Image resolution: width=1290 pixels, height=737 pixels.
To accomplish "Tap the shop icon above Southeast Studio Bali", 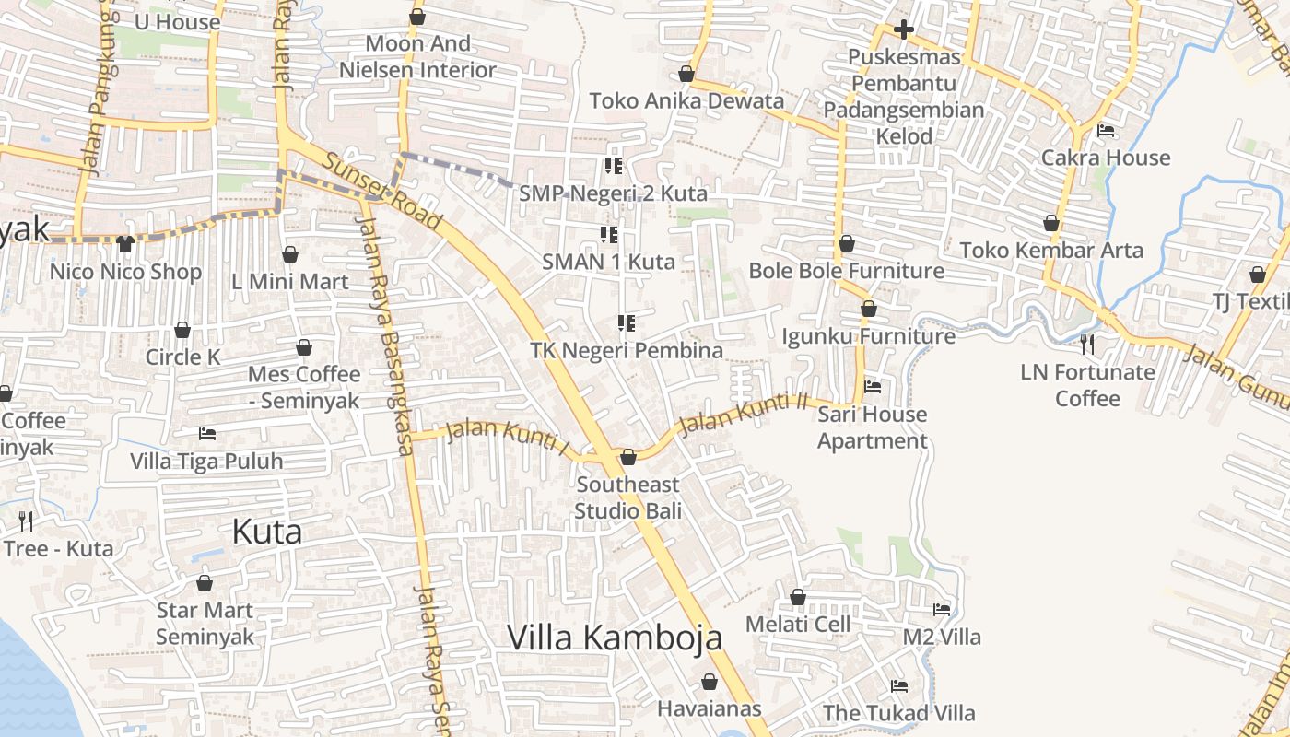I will (x=628, y=457).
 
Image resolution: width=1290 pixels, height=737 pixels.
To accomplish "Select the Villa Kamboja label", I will (x=615, y=638).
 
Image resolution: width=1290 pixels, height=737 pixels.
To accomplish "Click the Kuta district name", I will (x=267, y=532).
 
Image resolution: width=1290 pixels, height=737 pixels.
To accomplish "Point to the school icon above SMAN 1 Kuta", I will (x=609, y=235).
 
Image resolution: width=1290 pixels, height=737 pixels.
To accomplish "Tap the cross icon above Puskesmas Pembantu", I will (x=903, y=29).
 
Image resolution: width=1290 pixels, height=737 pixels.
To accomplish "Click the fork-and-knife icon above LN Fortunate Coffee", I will (x=1087, y=345).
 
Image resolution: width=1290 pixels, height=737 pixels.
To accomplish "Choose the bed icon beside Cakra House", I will (x=1106, y=131).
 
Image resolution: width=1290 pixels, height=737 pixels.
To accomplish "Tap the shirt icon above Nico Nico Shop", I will (x=125, y=244).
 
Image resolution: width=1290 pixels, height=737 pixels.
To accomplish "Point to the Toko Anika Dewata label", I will (x=686, y=100).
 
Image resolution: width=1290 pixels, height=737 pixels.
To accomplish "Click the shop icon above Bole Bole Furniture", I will (x=846, y=244).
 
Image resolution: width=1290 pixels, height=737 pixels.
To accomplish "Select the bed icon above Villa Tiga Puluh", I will (x=207, y=433).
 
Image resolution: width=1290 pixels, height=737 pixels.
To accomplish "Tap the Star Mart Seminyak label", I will (x=205, y=623).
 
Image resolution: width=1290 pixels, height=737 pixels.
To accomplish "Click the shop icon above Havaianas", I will (x=709, y=682).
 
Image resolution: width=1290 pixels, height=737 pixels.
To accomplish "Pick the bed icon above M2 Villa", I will (x=941, y=609).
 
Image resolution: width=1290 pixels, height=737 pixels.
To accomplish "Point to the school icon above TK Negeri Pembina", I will (x=627, y=323).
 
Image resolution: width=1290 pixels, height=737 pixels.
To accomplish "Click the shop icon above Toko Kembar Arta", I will (x=1050, y=223).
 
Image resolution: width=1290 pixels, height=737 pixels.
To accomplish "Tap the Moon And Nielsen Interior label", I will (x=417, y=56).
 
